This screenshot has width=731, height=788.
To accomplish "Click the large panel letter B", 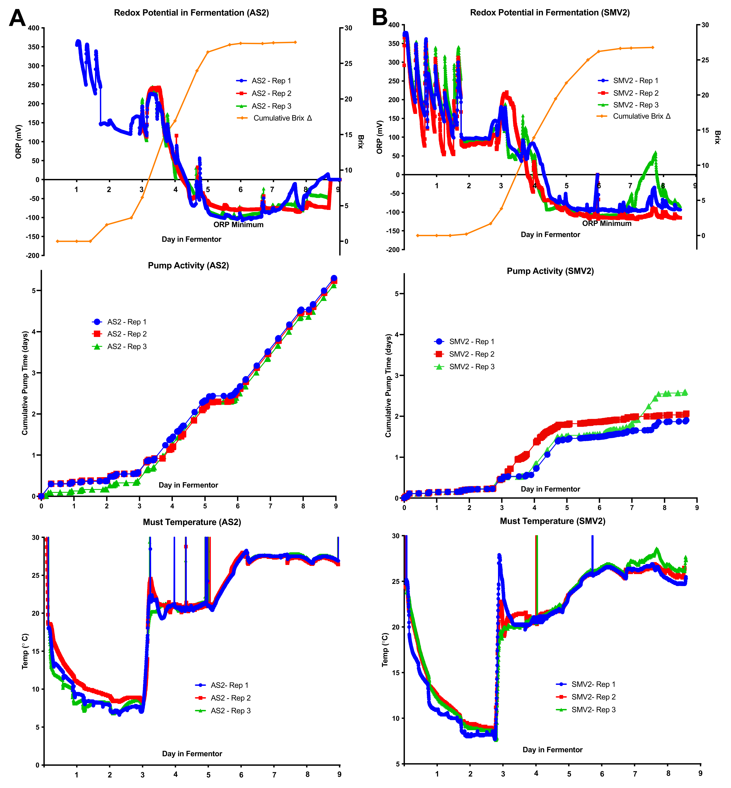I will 380,17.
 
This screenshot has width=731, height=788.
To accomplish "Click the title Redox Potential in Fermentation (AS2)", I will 192,13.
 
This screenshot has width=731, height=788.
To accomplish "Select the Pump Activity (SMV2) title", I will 550,271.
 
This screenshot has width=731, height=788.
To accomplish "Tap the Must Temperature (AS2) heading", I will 192,522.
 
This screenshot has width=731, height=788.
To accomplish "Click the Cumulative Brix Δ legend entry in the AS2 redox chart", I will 283,118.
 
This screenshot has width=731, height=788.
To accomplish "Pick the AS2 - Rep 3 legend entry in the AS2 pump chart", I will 127,347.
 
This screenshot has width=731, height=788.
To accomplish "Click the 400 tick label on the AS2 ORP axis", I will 34,28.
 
